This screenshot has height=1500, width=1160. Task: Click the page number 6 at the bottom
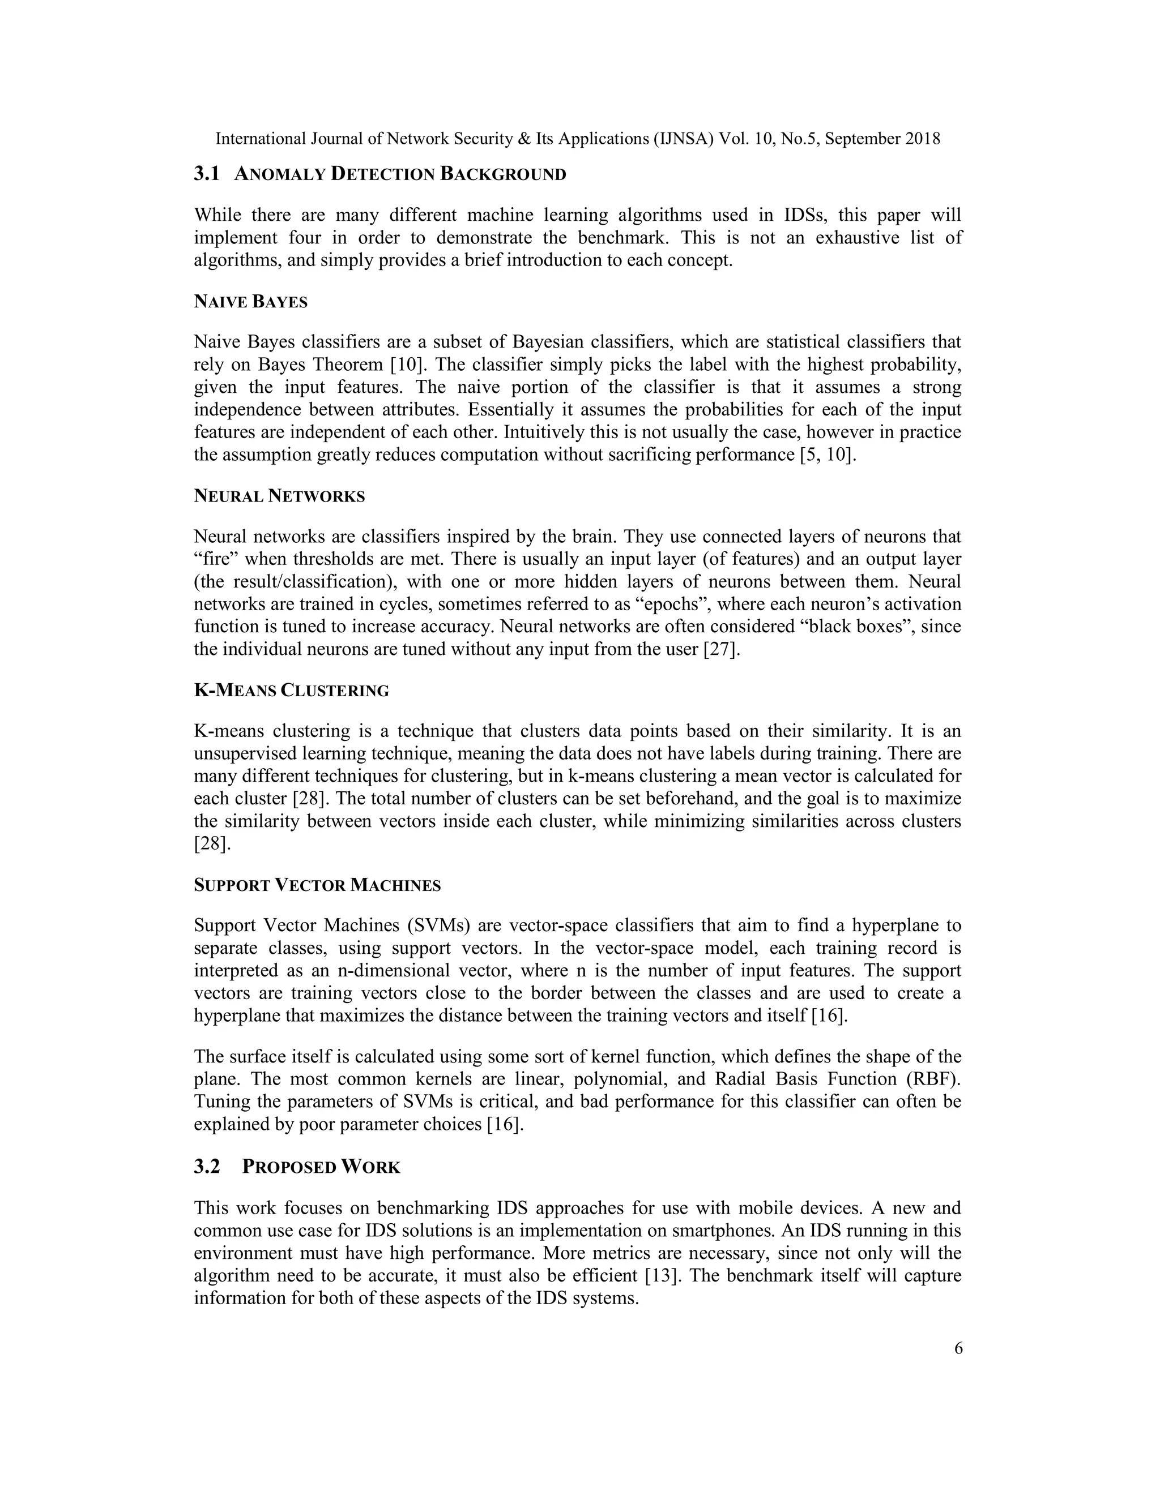tap(958, 1348)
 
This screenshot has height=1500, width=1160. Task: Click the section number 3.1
tap(206, 174)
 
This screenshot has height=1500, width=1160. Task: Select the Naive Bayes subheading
tap(250, 302)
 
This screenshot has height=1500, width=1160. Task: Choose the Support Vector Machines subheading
tap(317, 885)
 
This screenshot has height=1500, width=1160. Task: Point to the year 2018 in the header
tap(922, 139)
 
